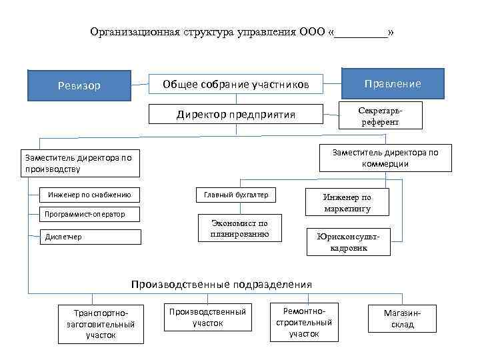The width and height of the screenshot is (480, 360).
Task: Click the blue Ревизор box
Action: [x=79, y=85]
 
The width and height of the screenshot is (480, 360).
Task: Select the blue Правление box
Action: [x=392, y=83]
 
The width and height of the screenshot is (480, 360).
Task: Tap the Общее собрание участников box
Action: [x=236, y=84]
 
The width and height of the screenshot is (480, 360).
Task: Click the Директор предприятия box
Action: [x=236, y=114]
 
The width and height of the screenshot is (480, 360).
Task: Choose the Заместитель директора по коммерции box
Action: [x=386, y=158]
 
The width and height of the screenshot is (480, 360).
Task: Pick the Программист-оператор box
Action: [x=83, y=214]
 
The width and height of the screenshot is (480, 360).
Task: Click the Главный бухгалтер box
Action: [x=236, y=195]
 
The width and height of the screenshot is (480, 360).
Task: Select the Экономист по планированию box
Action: [x=241, y=228]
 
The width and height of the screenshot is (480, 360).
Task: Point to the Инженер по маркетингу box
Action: [x=347, y=203]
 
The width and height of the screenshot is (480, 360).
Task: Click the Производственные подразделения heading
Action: [x=221, y=285]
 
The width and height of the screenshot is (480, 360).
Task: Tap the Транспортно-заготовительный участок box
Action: [x=100, y=323]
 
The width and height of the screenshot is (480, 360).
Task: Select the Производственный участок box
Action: [x=207, y=317]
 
